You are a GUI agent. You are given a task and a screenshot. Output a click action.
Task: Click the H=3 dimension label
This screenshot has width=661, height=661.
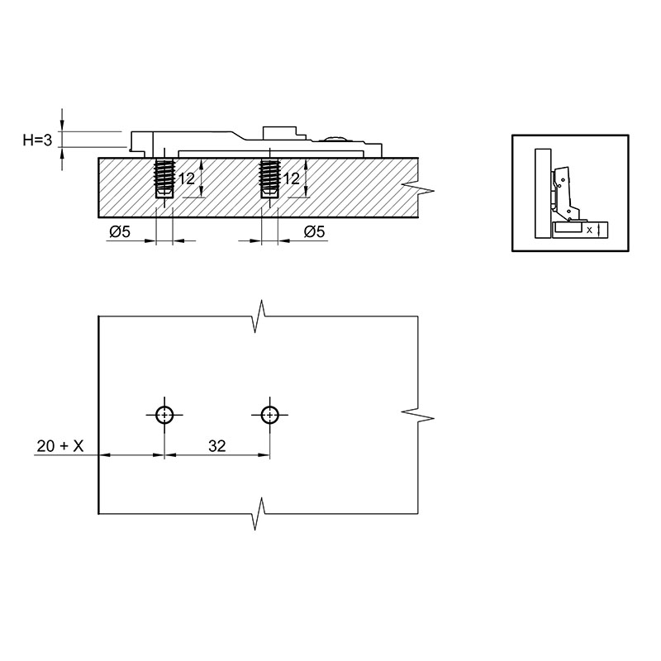click(x=37, y=140)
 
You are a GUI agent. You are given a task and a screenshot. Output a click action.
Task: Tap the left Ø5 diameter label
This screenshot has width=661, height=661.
click(x=120, y=231)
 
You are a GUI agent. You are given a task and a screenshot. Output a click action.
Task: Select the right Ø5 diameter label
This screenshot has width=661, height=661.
click(x=315, y=231)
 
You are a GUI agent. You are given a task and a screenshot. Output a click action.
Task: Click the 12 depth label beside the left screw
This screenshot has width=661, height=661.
click(x=187, y=178)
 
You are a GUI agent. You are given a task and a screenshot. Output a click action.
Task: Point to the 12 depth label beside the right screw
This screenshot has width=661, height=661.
click(x=292, y=178)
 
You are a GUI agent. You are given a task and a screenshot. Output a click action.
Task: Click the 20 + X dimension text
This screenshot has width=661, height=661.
click(x=60, y=446)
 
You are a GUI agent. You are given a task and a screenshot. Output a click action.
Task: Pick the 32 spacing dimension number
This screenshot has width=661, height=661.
click(x=217, y=446)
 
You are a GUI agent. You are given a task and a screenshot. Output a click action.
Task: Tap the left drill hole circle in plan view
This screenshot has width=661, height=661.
click(x=164, y=415)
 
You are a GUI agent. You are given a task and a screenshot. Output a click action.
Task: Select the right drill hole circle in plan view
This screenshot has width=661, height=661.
click(x=269, y=415)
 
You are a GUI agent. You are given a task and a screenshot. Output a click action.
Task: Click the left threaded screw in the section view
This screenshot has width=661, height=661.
click(x=164, y=178)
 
